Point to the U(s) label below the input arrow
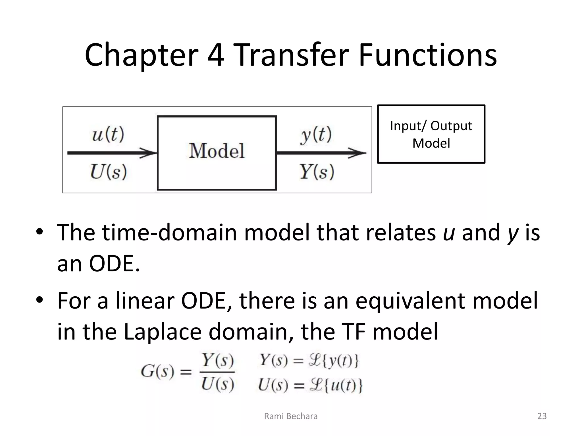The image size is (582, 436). tap(108, 172)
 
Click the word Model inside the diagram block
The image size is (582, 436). tap(217, 151)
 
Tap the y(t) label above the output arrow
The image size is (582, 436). tap(316, 135)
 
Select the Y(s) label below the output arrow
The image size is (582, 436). tap(316, 172)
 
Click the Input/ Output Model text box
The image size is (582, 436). tap(431, 134)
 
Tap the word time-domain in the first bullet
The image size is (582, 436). tap(169, 233)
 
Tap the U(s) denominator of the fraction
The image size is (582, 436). tap(217, 385)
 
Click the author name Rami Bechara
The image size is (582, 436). tap(291, 416)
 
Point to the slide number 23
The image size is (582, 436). tap(542, 416)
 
